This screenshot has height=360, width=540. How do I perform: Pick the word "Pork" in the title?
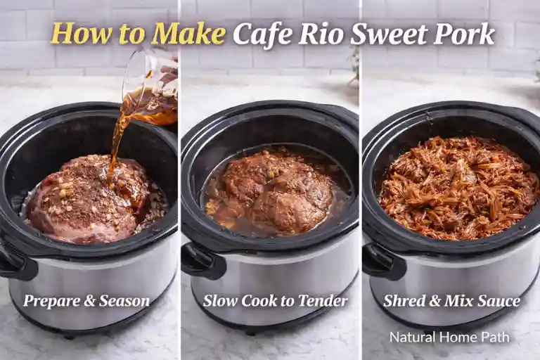[x=461, y=34]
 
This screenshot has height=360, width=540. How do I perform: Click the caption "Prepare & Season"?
[x=86, y=301]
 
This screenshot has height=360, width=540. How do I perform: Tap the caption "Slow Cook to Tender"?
[x=275, y=301]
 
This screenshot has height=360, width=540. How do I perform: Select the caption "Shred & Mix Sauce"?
[x=452, y=301]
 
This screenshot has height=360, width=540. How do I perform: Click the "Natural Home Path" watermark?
[x=449, y=337]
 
